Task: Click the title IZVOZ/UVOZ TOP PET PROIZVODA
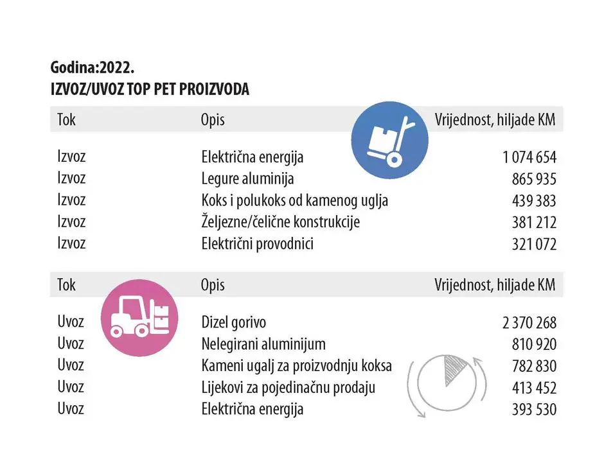click(x=149, y=89)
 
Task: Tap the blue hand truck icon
click(x=390, y=140)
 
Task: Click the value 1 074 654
click(x=529, y=157)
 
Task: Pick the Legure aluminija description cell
click(x=247, y=178)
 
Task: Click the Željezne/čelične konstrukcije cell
click(x=280, y=222)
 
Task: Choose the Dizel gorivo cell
click(x=233, y=322)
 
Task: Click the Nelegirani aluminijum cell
click(x=263, y=344)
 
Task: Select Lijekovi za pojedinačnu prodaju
click(x=288, y=387)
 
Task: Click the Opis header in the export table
click(x=213, y=120)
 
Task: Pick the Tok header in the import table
click(x=66, y=284)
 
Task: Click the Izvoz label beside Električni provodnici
click(x=71, y=243)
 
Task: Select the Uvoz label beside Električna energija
click(x=71, y=408)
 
